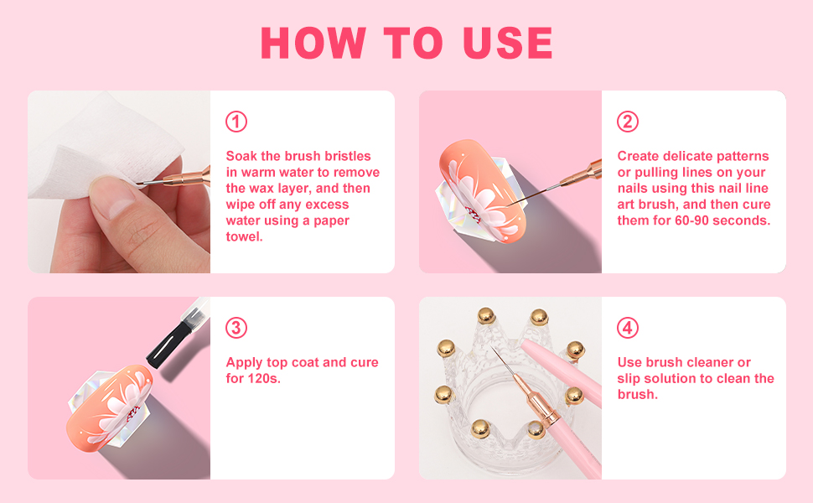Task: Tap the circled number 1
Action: [x=236, y=122]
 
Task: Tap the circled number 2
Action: [x=628, y=122]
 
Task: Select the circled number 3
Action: [x=236, y=328]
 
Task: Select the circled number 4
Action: [x=628, y=328]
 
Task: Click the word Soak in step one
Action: [x=243, y=156]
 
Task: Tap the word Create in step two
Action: [x=639, y=156]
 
